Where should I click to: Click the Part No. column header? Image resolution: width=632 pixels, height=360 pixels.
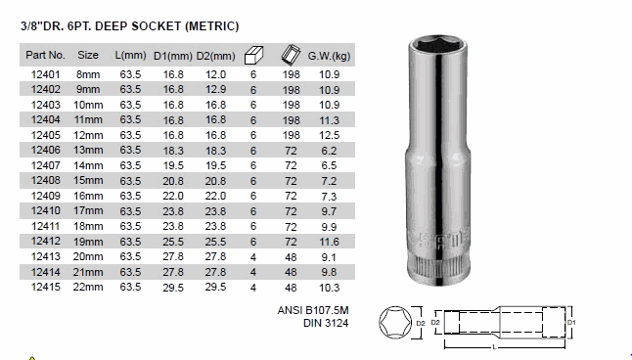tap(45, 55)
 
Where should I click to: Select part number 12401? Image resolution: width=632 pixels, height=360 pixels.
tap(46, 74)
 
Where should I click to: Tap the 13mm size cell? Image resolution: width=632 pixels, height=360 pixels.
tap(88, 150)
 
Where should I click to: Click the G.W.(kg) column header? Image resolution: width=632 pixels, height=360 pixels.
tap(329, 56)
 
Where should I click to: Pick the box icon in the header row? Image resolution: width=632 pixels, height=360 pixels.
tap(253, 55)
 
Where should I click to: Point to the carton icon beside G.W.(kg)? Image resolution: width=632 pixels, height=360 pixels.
tap(291, 55)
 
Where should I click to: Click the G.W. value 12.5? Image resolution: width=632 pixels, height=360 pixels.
tap(330, 135)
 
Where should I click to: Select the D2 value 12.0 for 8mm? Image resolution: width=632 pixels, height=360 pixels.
tap(215, 74)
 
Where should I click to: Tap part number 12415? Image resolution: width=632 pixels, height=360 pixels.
tap(46, 287)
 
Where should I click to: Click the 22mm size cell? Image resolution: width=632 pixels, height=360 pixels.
tap(88, 287)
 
